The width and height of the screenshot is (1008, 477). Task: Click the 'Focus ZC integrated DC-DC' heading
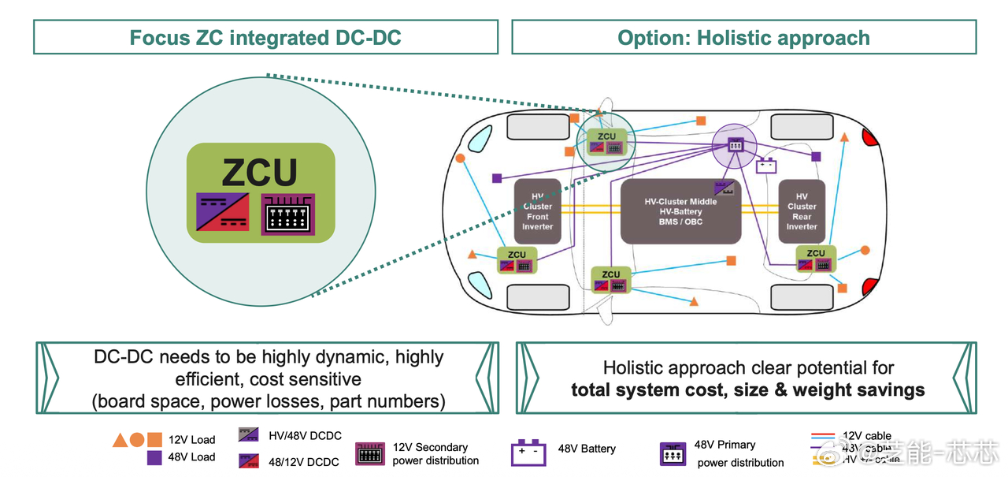265,38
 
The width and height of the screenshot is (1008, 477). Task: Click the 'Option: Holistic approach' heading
743,38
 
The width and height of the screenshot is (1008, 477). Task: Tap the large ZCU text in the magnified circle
260,173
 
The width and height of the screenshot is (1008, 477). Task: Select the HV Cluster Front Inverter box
538,211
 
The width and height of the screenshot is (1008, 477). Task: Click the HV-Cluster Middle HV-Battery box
680,211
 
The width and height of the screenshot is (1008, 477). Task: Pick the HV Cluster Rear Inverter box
802,211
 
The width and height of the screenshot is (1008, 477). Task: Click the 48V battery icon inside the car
766,166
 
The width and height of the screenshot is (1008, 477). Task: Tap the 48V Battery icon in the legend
528,453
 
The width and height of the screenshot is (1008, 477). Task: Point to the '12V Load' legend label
191,440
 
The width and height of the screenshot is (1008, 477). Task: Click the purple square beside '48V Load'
154,457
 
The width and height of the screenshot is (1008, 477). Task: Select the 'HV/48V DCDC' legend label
304,435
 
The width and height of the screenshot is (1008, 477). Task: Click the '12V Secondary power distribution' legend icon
370,454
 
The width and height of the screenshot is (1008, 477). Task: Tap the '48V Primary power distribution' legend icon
673,454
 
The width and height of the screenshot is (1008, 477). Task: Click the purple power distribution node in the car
734,145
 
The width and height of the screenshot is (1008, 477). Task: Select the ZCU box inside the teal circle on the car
606,143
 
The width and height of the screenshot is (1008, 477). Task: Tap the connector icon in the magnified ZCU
287,214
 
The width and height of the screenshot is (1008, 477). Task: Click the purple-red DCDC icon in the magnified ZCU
223,214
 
